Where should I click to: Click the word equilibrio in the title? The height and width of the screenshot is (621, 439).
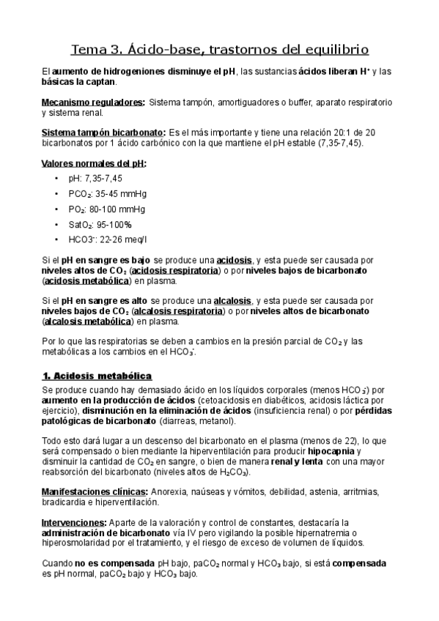tap(333, 50)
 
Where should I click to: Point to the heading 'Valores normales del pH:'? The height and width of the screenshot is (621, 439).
tap(95, 163)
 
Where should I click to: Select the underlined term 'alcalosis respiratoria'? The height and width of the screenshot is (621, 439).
tap(178, 310)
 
